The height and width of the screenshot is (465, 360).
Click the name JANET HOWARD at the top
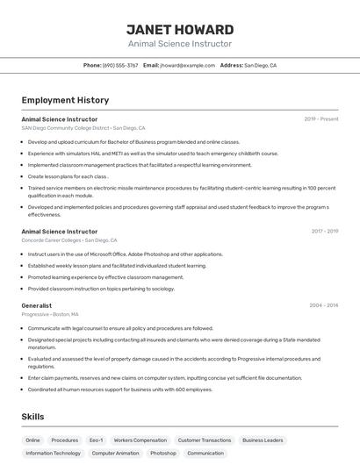[x=180, y=29]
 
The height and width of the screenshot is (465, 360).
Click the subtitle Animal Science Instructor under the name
[x=180, y=44]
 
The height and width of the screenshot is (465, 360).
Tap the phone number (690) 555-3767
[x=120, y=65]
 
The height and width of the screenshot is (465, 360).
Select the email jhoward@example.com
[x=187, y=65]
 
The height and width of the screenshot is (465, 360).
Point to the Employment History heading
[x=65, y=100]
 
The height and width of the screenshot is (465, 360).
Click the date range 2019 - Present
[x=321, y=119]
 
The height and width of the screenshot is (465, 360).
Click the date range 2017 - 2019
[x=323, y=232]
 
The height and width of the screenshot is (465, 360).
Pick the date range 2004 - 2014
[x=323, y=306]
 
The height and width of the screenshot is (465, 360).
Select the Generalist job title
[x=37, y=306]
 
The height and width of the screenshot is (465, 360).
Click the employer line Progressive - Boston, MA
[x=50, y=314]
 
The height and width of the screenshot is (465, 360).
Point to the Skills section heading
[x=32, y=417]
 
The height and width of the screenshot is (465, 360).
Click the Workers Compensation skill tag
[x=140, y=440]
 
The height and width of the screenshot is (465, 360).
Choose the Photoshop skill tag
[x=162, y=454]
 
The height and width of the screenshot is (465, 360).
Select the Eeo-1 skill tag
[x=96, y=440]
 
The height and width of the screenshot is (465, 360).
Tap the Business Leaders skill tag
[x=263, y=440]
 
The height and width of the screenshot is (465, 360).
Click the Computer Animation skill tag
[x=115, y=454]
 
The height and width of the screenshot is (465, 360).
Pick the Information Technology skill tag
[x=53, y=454]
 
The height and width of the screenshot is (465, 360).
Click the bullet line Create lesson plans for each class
[x=68, y=176]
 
